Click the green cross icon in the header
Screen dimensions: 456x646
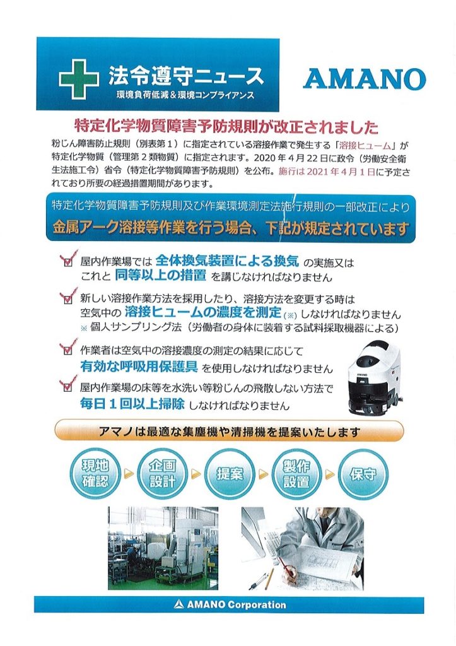point(78,79)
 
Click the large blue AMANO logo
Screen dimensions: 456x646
point(364,79)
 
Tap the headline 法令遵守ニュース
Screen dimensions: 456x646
point(185,75)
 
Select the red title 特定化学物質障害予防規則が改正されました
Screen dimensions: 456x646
point(226,127)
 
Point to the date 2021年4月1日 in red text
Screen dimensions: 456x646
point(339,172)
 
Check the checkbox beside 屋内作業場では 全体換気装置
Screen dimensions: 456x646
point(68,262)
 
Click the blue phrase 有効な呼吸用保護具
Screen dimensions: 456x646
point(139,367)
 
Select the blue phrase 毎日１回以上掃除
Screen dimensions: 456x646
point(132,404)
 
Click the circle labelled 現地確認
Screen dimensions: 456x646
point(95,473)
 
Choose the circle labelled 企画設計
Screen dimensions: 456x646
point(162,473)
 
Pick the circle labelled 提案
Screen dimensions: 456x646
point(230,474)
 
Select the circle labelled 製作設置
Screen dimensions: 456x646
point(296,473)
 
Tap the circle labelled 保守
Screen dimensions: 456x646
point(363,474)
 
